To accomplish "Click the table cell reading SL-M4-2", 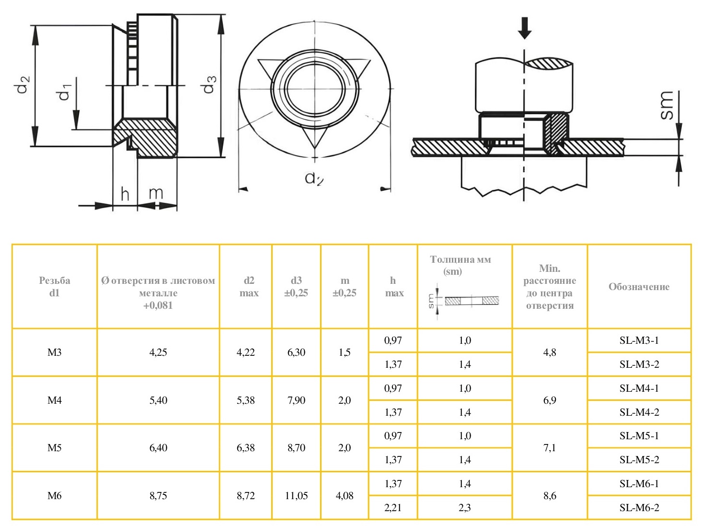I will (639, 412).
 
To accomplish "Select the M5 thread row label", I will (55, 448).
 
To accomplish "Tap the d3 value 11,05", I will (296, 496).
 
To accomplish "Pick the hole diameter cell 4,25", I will (158, 352).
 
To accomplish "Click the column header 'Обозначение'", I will (639, 287).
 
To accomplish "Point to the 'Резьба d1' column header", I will (55, 287).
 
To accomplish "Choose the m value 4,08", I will (345, 496).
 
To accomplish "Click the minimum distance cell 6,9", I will (550, 400).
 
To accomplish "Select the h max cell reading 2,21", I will (393, 508).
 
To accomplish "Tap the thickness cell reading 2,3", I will (464, 508).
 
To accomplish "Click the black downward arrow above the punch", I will (525, 28).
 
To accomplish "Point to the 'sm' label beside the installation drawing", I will (667, 105).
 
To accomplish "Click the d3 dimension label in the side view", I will (209, 84).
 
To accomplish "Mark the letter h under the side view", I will (125, 194).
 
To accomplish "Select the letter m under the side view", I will (156, 193).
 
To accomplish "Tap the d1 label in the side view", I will (64, 92).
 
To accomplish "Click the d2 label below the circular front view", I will (314, 178).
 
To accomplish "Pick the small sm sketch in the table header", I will (465, 301).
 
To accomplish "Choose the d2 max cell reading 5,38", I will (246, 400).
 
